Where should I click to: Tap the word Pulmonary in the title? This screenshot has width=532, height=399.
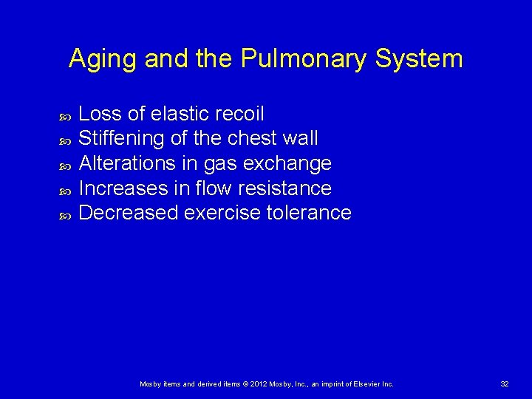303,59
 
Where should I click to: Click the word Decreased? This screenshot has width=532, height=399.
129,213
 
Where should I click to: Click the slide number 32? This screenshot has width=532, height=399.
505,384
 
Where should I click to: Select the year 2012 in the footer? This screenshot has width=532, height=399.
258,384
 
